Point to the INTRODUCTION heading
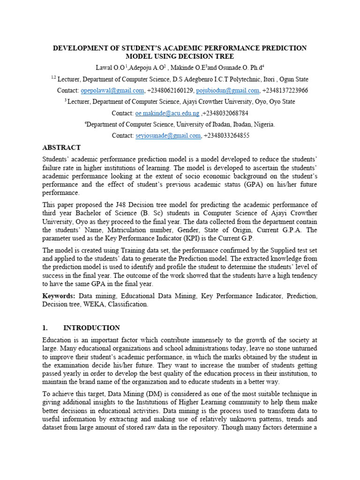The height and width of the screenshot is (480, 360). (x=91, y=328)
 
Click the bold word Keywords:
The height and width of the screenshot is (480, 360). (x=59, y=296)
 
